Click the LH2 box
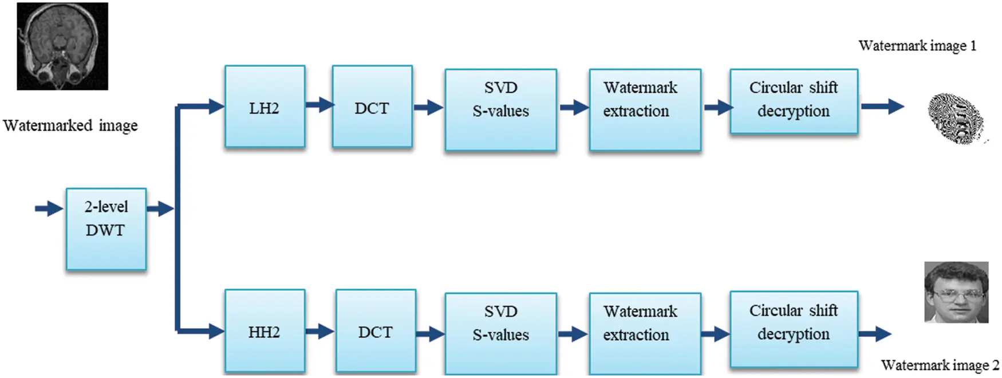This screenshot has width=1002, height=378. coord(265,107)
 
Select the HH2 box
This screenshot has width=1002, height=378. coord(265,331)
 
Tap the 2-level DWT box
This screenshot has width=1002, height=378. coord(106,229)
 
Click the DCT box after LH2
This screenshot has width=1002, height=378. coord(372,107)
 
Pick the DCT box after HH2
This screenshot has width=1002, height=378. coord(375,331)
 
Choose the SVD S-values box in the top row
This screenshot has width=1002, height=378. coord(500,109)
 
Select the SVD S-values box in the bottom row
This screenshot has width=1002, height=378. coord(500,333)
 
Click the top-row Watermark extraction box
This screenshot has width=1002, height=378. coord(645,109)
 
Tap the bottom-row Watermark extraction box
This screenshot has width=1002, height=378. coord(645,333)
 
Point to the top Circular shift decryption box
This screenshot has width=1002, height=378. coord(794,101)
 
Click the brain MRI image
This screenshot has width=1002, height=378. coord(62,46)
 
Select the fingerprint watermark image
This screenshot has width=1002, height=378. coord(956,118)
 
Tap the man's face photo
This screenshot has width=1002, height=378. coord(956,292)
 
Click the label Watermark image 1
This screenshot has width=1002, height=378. coord(917,46)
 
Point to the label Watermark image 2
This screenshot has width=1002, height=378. coord(939,365)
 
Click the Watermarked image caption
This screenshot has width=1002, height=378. coord(70,125)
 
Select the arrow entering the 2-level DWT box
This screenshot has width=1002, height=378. coord(49,208)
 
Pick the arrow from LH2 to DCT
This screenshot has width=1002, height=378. coord(319,105)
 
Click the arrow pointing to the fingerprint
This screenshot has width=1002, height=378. coord(882,106)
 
